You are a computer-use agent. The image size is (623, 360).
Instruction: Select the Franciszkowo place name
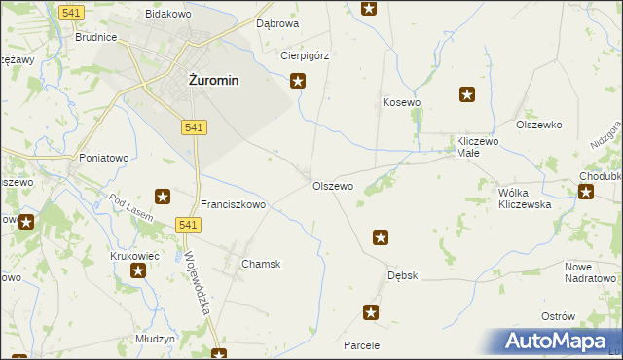click(x=233, y=205)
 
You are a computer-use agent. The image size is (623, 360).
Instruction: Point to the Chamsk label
click(x=261, y=264)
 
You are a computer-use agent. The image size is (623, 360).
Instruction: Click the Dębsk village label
click(x=402, y=275)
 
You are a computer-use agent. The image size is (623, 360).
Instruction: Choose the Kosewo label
click(x=401, y=102)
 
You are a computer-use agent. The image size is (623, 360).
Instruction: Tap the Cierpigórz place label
click(x=305, y=55)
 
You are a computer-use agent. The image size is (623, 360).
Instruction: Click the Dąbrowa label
click(x=277, y=22)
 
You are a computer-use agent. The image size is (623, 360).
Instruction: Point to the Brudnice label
click(x=96, y=37)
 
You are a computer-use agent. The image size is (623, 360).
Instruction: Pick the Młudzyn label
click(x=156, y=339)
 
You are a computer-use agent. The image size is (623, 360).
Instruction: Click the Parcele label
click(x=361, y=345)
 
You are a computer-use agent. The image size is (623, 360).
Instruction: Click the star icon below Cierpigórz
click(x=299, y=82)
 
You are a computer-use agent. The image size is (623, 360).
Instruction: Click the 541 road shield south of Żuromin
click(x=193, y=127)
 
